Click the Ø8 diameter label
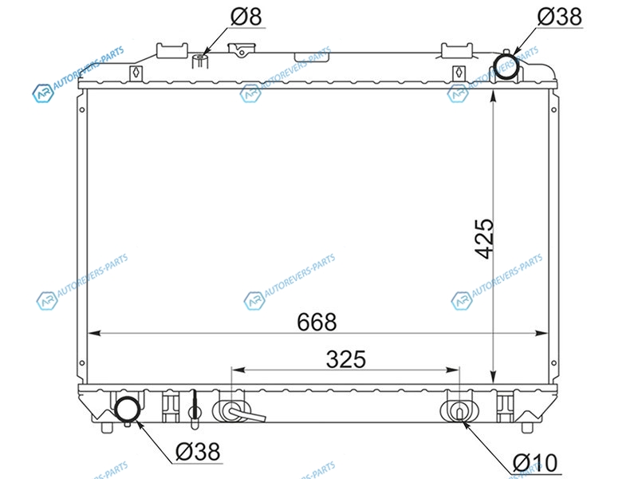pos(246,17)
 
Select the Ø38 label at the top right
pos(560,17)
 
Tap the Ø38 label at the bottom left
pos(198,452)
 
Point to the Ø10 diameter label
pos(535,463)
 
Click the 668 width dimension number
pos(317,323)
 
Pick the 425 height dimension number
pos(484,239)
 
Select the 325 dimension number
pos(346,359)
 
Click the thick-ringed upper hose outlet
pos(506,67)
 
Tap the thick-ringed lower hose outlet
pos(128,409)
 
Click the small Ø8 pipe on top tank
pos(200,61)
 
